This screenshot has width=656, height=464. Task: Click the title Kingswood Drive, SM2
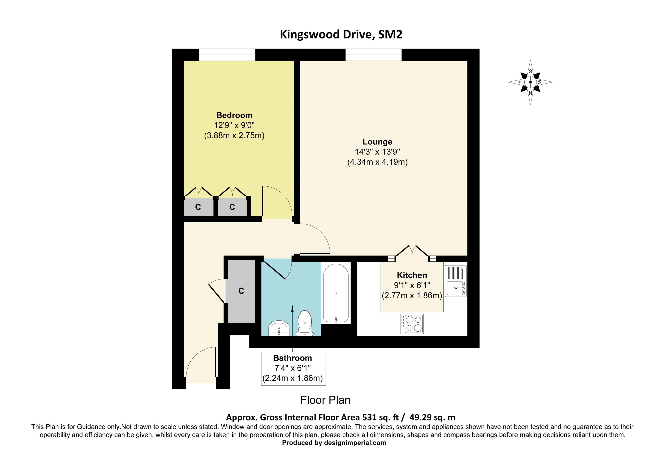click(341, 35)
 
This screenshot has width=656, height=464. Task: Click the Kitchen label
click(412, 275)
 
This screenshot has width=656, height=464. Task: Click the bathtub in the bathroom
click(336, 293)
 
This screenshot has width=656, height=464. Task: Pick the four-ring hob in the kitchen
click(412, 324)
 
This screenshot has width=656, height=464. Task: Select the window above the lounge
click(373, 55)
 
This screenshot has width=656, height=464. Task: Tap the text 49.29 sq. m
click(432, 417)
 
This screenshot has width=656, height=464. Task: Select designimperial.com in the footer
click(355, 443)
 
